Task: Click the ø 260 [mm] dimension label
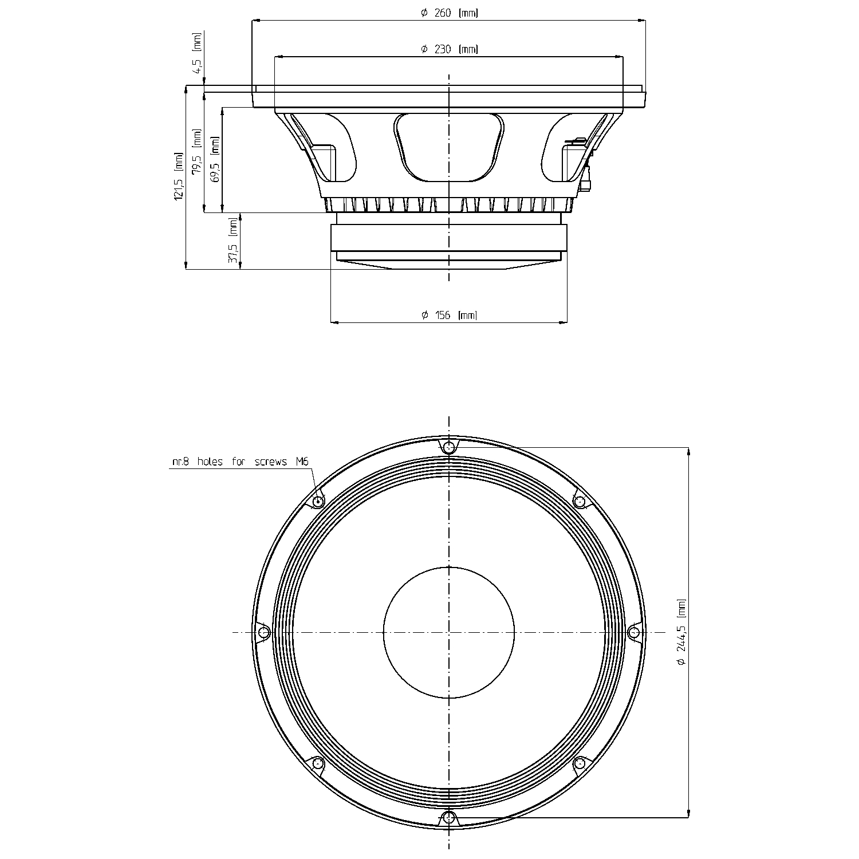[449, 13]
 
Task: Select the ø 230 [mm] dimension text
[449, 49]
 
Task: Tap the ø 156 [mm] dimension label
[449, 315]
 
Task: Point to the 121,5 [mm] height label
[179, 176]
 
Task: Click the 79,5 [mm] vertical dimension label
[197, 152]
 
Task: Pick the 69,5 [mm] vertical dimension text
[215, 160]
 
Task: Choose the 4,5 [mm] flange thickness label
[198, 53]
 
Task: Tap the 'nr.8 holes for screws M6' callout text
[237, 462]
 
